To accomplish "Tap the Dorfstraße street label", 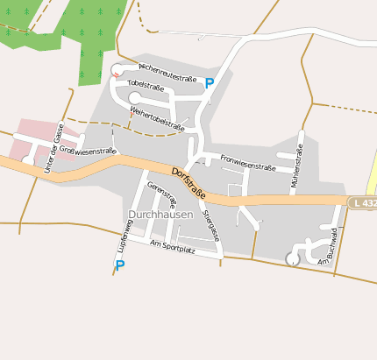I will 188,182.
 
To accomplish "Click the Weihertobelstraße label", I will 157,119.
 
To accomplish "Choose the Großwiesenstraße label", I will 87,151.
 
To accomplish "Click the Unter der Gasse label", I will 52,148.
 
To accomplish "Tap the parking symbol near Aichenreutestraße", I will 210,84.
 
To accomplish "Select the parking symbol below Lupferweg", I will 120,265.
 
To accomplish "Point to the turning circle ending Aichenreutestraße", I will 117,70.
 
